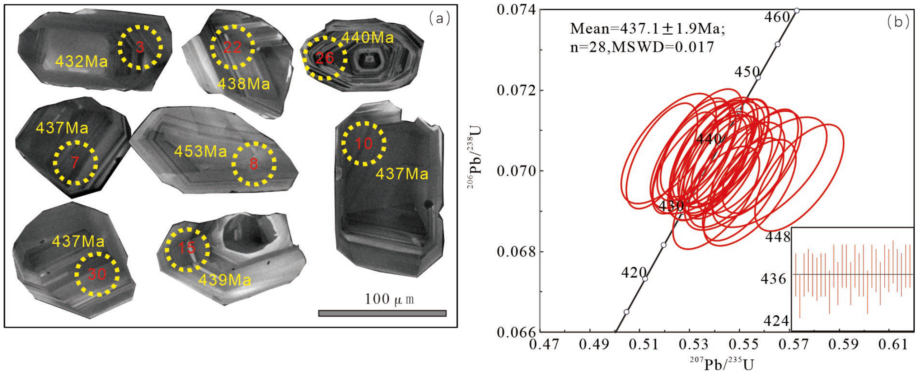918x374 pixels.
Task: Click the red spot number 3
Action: pos(140,47)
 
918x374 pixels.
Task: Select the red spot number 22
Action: pos(232,47)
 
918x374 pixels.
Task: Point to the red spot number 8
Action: pos(254,164)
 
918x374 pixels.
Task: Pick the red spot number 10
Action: pos(364,144)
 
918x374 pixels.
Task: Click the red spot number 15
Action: pos(187,248)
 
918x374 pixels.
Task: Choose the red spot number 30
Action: pos(97,274)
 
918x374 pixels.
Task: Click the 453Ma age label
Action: pos(201,151)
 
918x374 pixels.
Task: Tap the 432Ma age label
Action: pos(81,62)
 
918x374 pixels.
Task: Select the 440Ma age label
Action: pos(367,37)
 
